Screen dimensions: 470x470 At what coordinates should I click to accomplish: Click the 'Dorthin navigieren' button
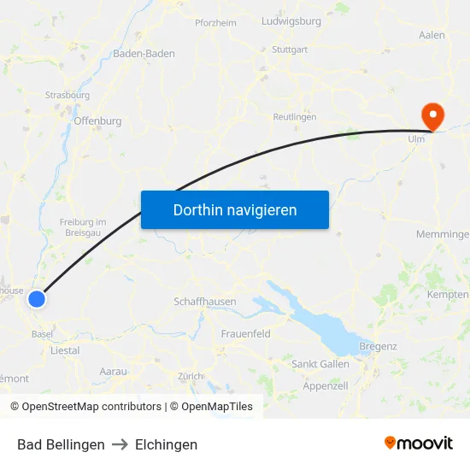tap(235, 209)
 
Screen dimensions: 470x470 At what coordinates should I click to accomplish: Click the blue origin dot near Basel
tap(37, 298)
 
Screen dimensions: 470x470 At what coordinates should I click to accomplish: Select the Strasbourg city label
tap(68, 95)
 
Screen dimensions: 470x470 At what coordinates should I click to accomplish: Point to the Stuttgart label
tap(289, 50)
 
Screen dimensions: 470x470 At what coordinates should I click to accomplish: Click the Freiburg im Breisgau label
tap(83, 227)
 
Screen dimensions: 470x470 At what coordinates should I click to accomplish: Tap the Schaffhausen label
tap(205, 302)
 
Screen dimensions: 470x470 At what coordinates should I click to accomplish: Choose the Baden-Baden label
tap(144, 53)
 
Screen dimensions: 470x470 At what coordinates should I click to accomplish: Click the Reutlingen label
tap(294, 116)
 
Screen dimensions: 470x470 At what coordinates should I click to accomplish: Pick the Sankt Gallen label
tap(320, 364)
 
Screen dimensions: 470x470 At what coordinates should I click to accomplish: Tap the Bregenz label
tap(379, 346)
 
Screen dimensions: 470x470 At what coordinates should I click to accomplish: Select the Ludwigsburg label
tap(291, 21)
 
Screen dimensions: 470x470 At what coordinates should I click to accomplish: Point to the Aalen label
tap(432, 35)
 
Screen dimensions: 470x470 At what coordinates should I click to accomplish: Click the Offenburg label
tap(98, 121)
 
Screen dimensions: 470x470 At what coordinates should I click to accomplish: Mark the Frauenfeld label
tap(246, 333)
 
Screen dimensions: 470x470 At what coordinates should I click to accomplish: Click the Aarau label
tap(113, 371)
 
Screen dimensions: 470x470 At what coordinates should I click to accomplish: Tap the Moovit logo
tap(419, 444)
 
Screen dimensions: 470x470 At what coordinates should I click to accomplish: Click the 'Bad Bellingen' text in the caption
tap(61, 444)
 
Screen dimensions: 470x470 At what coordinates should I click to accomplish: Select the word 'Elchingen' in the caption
tap(166, 444)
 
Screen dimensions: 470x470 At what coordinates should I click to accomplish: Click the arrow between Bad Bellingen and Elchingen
tap(120, 444)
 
